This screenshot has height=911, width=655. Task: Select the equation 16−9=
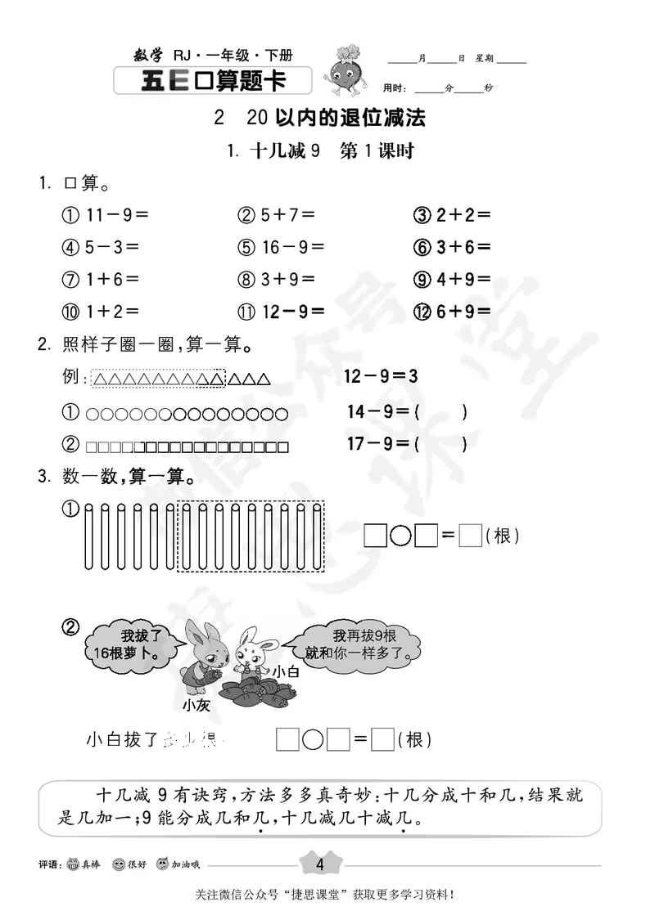point(292,247)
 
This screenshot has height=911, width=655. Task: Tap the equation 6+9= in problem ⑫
point(463,311)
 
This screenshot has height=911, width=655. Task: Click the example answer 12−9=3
point(382,377)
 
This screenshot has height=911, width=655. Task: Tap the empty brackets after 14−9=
point(441,412)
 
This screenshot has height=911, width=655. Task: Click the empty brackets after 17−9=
point(441,445)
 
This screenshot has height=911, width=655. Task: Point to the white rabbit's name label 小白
point(286,671)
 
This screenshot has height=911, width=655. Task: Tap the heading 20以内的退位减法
point(336,118)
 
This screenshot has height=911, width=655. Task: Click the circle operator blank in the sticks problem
point(400,536)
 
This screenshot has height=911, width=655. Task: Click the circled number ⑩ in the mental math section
point(70,311)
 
